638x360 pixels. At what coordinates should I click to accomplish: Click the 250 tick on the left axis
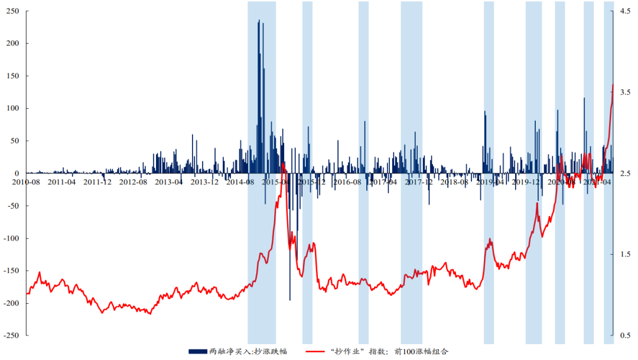(12, 11)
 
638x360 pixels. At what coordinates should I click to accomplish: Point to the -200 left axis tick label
(10, 303)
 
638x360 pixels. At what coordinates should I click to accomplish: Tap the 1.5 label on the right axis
(624, 254)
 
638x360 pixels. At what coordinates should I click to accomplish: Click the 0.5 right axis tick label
(624, 335)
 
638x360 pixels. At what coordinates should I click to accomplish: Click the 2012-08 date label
(134, 182)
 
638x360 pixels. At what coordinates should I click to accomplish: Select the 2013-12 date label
(205, 182)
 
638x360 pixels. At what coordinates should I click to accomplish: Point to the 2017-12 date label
(419, 182)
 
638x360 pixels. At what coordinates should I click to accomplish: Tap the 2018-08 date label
(454, 182)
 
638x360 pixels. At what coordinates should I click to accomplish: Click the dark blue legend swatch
(198, 351)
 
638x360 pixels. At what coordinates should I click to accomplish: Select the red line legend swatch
(320, 351)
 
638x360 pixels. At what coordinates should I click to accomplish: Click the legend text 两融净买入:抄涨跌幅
(248, 351)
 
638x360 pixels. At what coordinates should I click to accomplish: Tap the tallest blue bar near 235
(259, 21)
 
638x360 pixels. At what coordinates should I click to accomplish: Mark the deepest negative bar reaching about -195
(289, 299)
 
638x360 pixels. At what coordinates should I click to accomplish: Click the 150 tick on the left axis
(12, 76)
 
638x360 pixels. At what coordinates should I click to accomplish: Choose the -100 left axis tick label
(10, 238)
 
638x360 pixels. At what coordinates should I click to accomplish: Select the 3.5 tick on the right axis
(624, 92)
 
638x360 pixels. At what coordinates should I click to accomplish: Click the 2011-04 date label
(62, 182)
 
